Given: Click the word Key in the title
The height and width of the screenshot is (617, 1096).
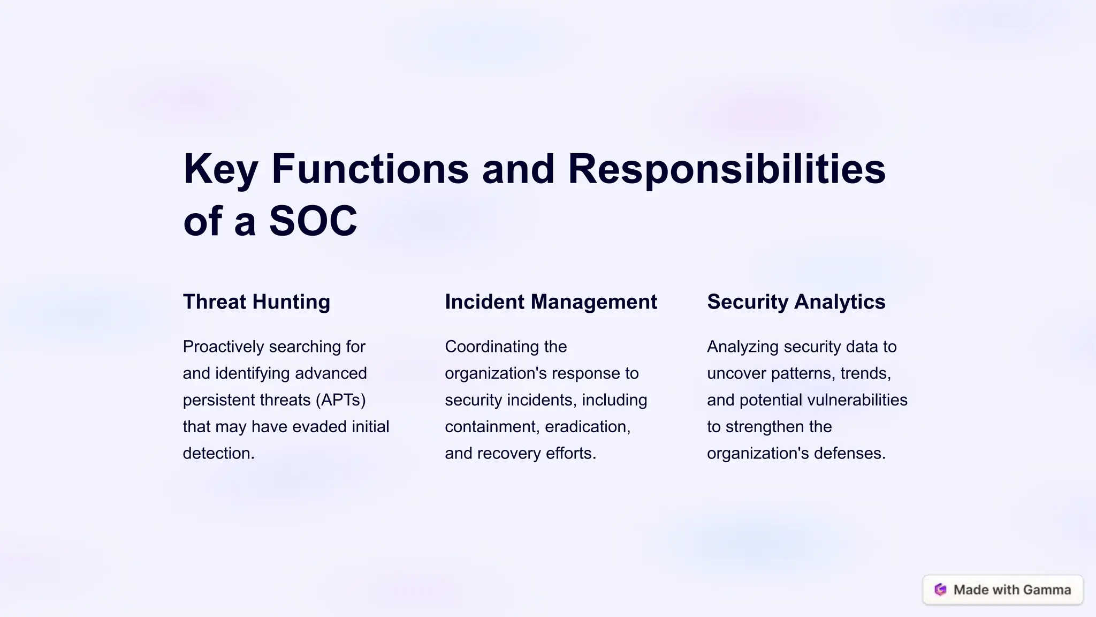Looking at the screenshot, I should [x=220, y=170].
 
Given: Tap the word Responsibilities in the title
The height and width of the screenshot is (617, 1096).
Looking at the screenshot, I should [x=726, y=170].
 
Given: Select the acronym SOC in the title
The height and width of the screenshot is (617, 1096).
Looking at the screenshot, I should [x=313, y=221].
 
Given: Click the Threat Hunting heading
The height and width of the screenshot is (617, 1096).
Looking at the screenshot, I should [x=256, y=302].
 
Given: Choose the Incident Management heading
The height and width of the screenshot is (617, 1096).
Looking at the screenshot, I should [x=551, y=302].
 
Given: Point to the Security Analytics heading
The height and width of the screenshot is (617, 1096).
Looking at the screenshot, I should [x=796, y=302].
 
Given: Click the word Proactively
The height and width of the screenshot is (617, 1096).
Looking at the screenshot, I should [x=223, y=347].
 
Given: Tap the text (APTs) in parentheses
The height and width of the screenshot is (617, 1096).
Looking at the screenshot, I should [x=340, y=400].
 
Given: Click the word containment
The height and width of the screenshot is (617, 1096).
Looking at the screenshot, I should [x=491, y=427].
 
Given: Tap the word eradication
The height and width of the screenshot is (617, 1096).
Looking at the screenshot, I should [x=587, y=427].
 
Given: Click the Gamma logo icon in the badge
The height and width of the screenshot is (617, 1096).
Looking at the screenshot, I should [x=940, y=590].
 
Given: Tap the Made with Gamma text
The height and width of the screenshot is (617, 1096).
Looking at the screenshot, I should [x=1012, y=590].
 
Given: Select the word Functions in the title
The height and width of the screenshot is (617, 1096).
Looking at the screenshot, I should [x=370, y=170].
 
